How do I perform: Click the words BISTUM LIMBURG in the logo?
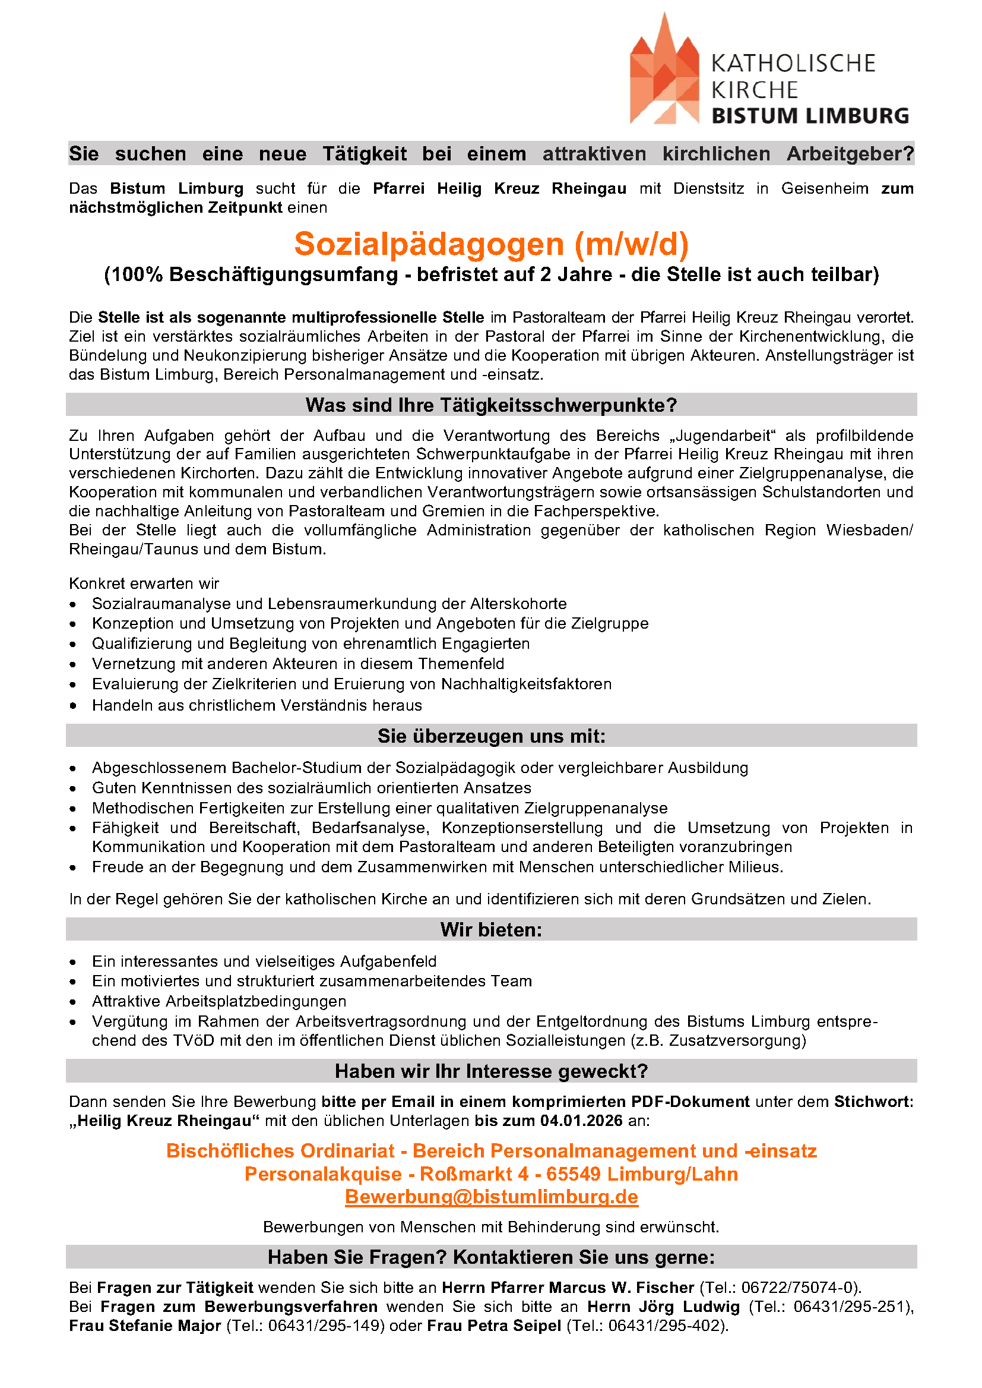coord(810,115)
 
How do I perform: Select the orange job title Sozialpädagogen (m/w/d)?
coord(491,244)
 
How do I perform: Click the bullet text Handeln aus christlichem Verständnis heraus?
coord(256,705)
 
